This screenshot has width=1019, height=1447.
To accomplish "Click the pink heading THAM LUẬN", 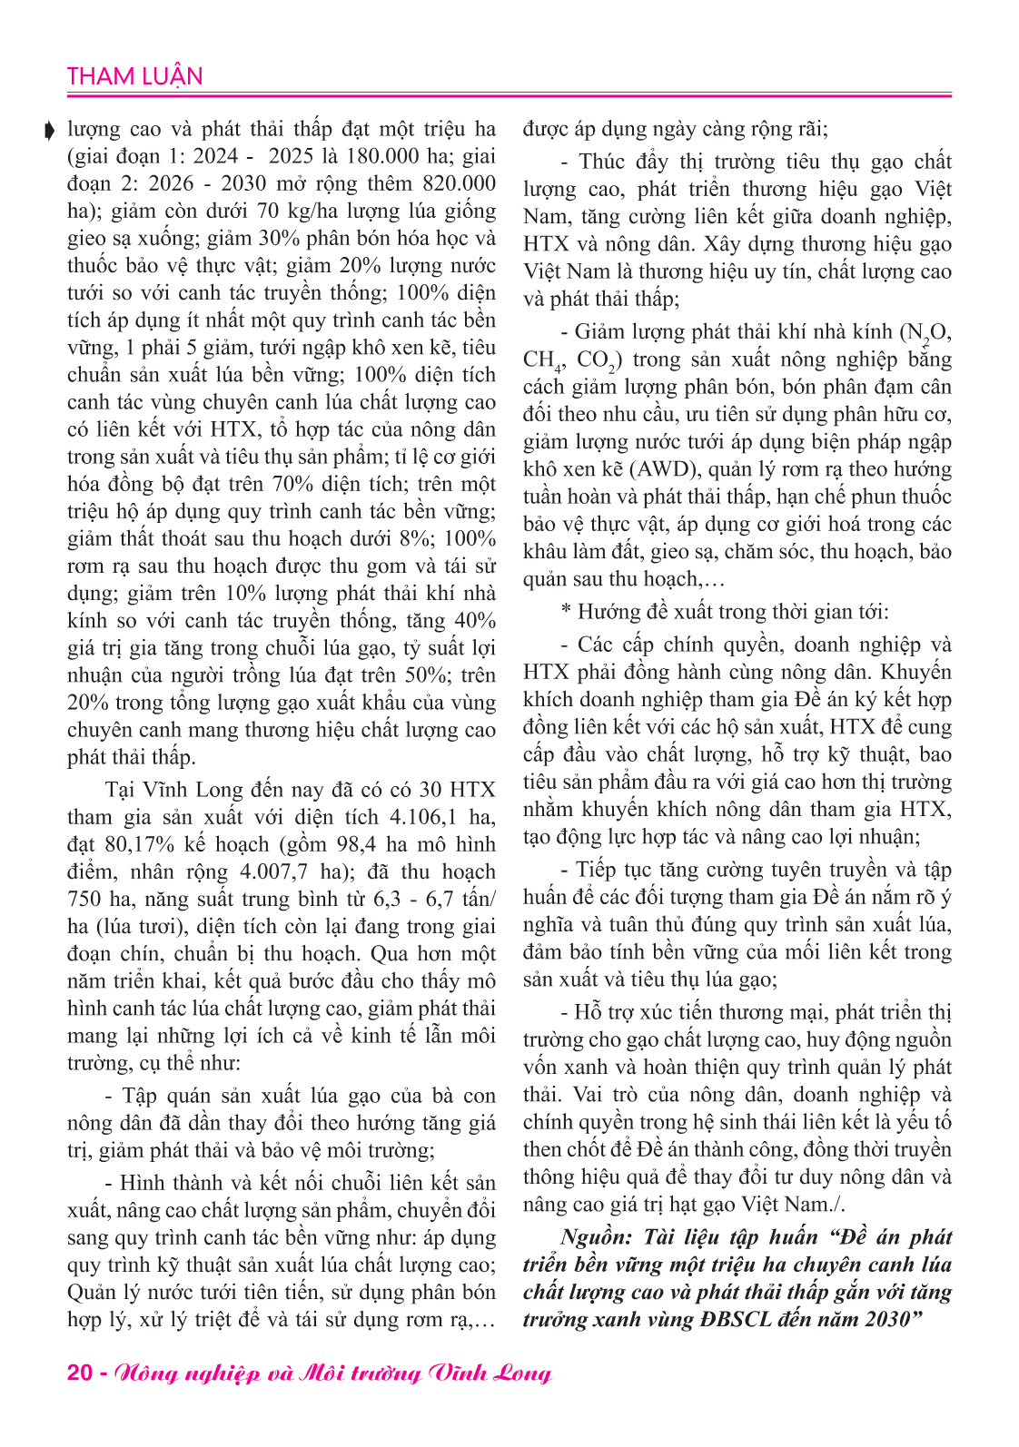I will (x=134, y=76).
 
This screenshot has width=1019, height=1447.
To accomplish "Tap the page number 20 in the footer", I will (x=80, y=1373).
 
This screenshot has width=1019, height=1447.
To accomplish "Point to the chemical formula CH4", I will (x=543, y=360).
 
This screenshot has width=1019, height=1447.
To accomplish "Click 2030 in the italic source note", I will (x=886, y=1319).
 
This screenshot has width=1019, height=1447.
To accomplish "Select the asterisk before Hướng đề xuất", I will (x=566, y=613).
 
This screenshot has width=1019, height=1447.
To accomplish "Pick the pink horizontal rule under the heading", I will (x=509, y=94).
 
